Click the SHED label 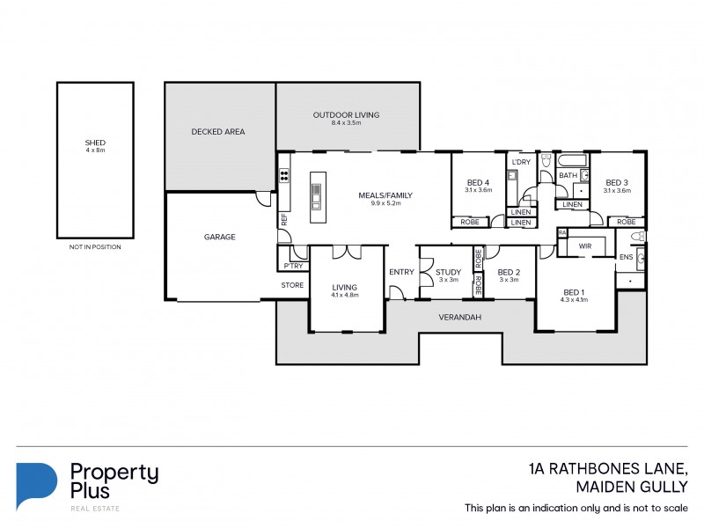click(x=95, y=143)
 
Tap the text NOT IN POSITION click(x=95, y=247)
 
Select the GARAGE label click(x=218, y=237)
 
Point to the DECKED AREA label click(x=218, y=132)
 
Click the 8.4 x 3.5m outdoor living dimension click(x=346, y=123)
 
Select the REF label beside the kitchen click(x=284, y=221)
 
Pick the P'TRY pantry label click(x=291, y=266)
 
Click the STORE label click(x=291, y=285)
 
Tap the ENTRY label click(x=401, y=272)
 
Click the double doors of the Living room click(x=347, y=252)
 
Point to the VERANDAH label click(x=460, y=317)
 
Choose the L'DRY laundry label click(x=519, y=162)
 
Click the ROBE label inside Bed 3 click(x=626, y=222)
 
